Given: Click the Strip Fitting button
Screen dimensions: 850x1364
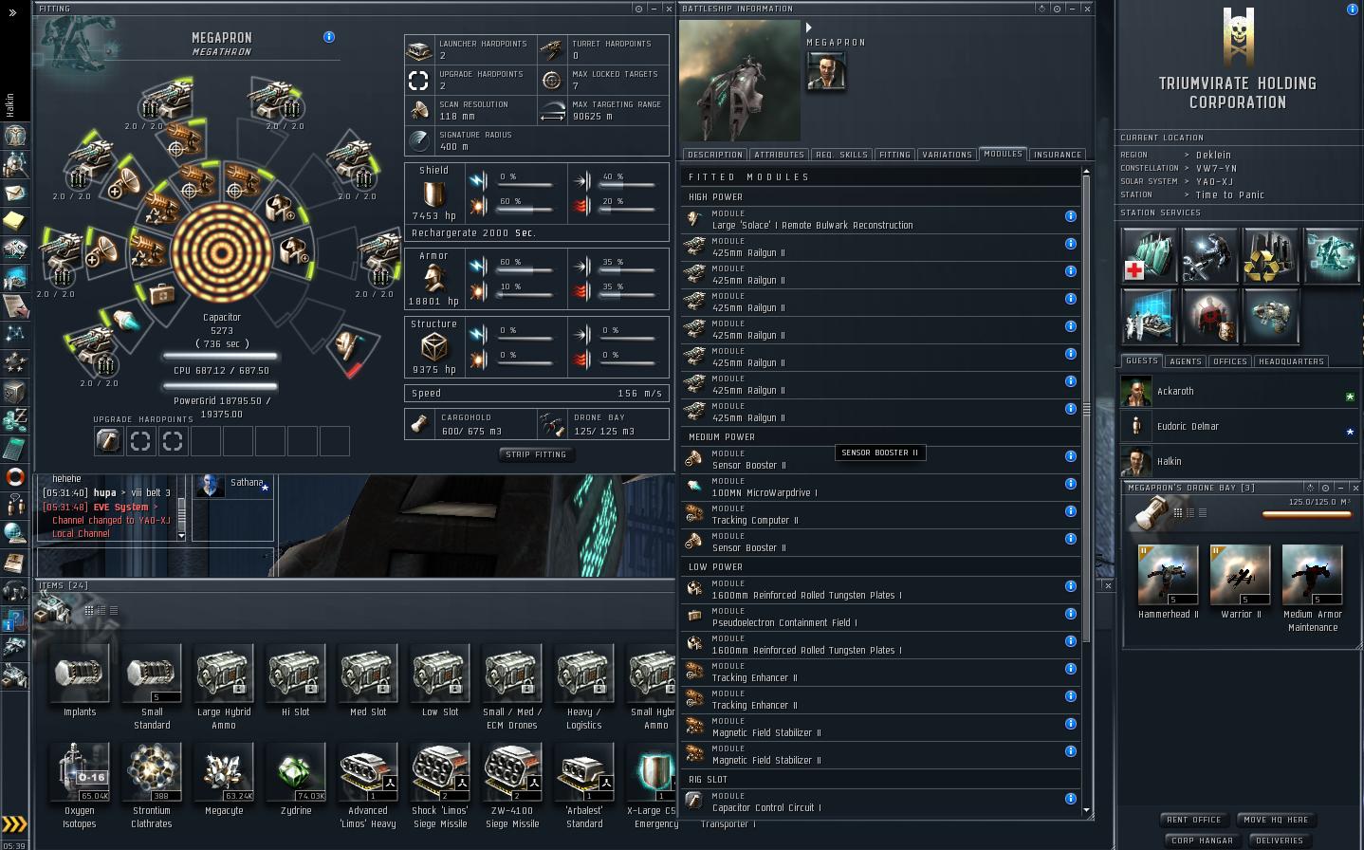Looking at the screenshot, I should (x=536, y=454).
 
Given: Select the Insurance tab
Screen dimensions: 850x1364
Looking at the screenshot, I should (x=1058, y=155).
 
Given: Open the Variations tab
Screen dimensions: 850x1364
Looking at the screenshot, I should (x=947, y=155).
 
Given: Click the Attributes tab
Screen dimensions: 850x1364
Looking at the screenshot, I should (x=779, y=155).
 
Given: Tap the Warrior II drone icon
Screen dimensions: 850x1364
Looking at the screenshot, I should (x=1240, y=575).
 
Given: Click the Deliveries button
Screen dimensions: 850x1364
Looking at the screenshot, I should (x=1279, y=841).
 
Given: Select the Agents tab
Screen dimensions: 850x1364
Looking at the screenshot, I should (x=1185, y=361).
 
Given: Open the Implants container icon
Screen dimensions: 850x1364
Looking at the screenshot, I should (x=80, y=674).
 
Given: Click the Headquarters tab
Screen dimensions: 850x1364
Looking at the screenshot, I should (x=1290, y=361).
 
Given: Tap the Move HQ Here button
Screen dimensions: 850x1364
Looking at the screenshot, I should (x=1275, y=820).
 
